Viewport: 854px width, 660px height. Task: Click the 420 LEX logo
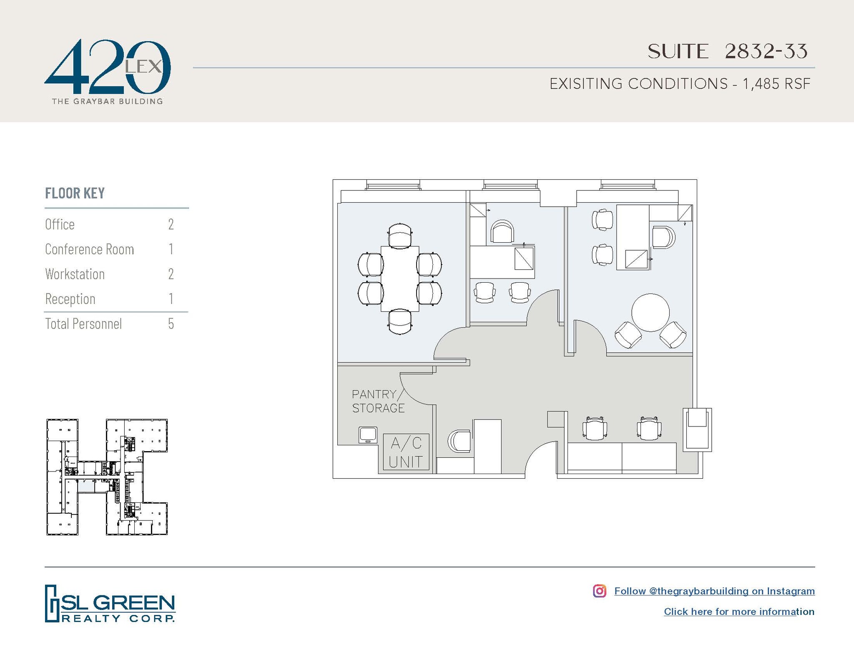coord(107,71)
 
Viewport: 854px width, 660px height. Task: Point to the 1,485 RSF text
coord(776,84)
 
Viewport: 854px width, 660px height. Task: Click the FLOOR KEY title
coord(75,193)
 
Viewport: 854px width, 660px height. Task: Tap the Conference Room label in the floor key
coord(89,249)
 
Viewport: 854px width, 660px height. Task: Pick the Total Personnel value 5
coord(171,324)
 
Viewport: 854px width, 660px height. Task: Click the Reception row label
coord(70,299)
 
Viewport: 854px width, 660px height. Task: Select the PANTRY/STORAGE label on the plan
coord(378,401)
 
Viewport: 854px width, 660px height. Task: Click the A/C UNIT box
coord(406,452)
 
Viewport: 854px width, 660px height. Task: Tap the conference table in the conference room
coord(400,279)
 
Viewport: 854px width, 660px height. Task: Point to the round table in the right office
coord(650,312)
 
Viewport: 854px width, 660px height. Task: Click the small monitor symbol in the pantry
coord(368,435)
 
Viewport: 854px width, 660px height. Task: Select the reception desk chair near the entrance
coord(460,441)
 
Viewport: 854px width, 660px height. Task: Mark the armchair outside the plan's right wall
coord(697,429)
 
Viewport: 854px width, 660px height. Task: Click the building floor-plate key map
coord(107,477)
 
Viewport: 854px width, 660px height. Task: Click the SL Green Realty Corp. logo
coord(110,604)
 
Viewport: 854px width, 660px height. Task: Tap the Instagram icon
coord(599,591)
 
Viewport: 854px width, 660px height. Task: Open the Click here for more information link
coord(738,612)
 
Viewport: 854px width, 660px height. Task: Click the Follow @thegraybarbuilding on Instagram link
coord(714,591)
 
